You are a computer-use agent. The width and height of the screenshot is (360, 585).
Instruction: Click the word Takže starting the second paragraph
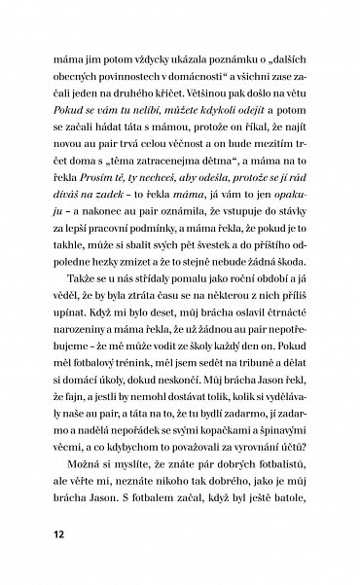tap(80, 323)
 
